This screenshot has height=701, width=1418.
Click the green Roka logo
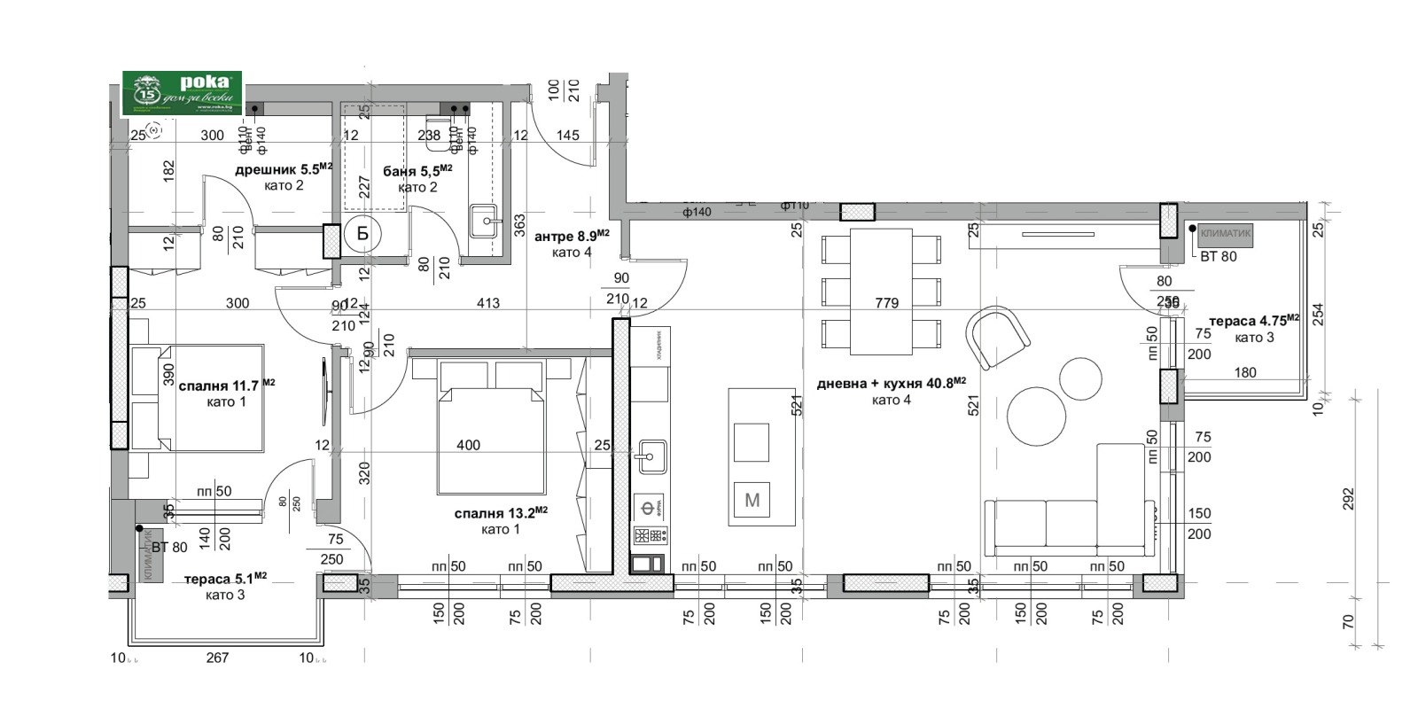[182, 93]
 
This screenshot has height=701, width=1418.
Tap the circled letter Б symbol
[362, 234]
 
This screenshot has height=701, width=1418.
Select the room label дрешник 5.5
[284, 169]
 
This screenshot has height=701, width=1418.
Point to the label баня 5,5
[417, 170]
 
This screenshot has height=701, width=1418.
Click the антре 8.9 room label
[572, 237]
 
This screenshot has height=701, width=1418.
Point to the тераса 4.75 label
[1254, 322]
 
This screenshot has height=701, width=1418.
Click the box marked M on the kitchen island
[752, 501]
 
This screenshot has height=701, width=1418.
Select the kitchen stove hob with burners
[650, 535]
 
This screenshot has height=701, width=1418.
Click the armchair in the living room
[997, 336]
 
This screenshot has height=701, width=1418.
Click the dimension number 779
[886, 303]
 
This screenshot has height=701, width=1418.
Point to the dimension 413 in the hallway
[488, 303]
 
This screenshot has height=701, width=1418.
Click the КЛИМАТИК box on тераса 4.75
[1226, 235]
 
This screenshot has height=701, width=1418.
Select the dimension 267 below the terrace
[217, 658]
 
